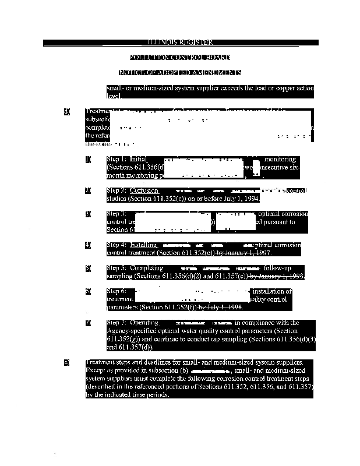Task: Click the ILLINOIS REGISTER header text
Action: (180, 43)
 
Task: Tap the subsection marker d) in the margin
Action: (67, 111)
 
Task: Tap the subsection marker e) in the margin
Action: (67, 363)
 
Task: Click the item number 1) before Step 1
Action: (88, 159)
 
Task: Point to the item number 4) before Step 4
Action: (88, 245)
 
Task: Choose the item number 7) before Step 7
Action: (88, 323)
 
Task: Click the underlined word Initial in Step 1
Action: (139, 159)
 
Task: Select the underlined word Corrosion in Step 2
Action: (144, 190)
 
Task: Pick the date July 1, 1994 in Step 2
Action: (236, 199)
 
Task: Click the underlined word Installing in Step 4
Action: (143, 245)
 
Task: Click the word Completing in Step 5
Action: (146, 268)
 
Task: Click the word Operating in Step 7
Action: (144, 323)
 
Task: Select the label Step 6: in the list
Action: (117, 291)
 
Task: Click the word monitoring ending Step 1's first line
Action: (280, 159)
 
